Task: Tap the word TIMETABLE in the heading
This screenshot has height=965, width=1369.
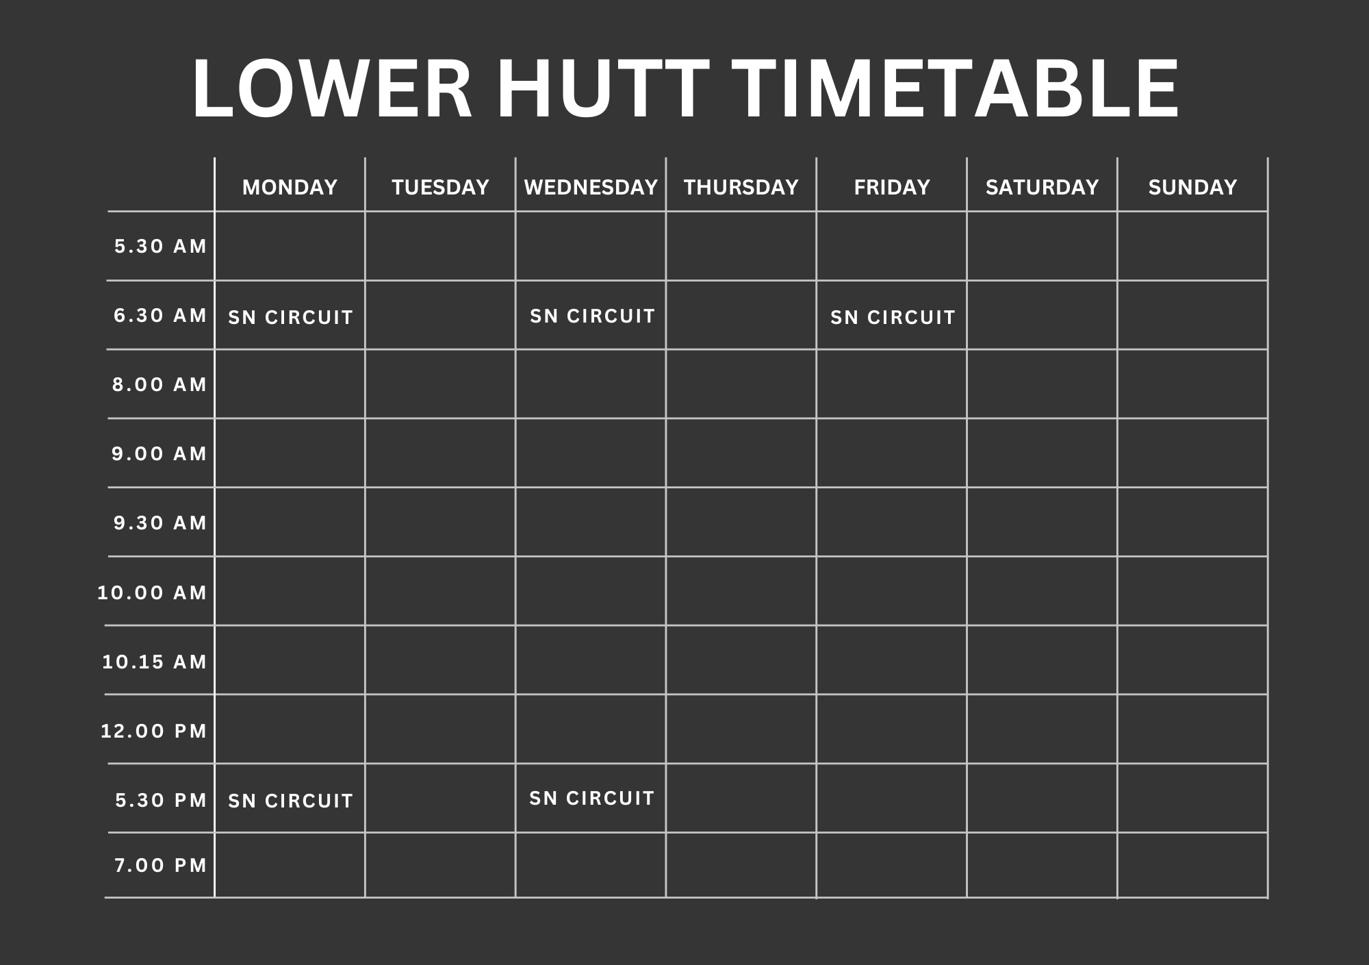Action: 956,89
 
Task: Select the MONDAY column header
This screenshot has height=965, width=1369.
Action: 290,187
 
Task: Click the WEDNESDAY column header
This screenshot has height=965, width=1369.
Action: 591,187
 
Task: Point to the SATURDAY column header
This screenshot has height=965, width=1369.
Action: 1042,187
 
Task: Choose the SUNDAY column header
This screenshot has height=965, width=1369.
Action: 1192,187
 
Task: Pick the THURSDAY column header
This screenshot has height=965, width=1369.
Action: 741,187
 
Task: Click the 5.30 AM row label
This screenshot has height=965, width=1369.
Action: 160,246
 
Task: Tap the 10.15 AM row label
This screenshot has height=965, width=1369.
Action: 154,662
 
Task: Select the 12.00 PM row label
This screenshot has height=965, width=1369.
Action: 153,731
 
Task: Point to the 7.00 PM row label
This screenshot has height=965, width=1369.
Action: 160,865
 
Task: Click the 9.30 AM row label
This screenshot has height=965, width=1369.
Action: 160,523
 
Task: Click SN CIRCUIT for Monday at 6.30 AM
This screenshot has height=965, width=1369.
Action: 290,317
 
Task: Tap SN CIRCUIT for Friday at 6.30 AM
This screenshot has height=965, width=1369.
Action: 893,317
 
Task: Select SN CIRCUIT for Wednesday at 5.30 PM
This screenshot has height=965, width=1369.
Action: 592,798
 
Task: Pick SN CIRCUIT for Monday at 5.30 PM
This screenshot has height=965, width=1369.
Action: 290,801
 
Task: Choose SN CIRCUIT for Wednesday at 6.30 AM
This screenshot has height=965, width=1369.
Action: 592,316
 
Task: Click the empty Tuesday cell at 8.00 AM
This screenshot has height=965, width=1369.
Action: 440,384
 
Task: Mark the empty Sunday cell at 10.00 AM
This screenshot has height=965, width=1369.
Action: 1192,591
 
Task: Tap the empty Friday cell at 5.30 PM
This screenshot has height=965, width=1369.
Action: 891,798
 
